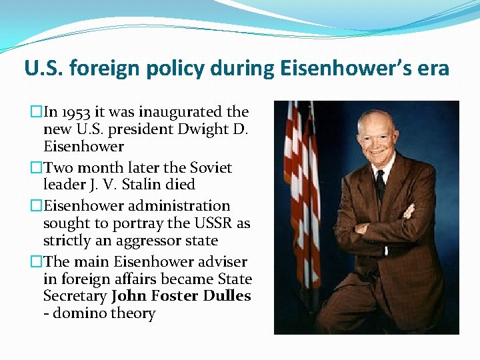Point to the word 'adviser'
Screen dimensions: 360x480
click(219, 262)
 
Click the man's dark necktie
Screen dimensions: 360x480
click(379, 184)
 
